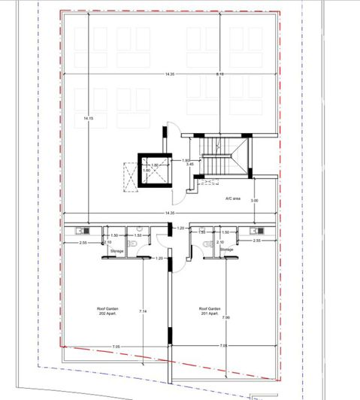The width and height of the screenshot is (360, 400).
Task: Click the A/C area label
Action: coord(232,198)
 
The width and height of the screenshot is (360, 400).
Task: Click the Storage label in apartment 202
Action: coord(117,251)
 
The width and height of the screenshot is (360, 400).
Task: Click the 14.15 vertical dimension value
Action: coord(89,118)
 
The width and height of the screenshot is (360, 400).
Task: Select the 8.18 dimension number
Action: coord(219,74)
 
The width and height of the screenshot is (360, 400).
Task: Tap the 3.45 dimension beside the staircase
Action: coord(191,164)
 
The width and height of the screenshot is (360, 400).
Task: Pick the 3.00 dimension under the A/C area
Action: coord(254,200)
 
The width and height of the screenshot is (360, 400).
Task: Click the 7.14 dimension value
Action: coord(143,311)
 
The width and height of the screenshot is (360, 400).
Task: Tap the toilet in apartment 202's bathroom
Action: coord(132,241)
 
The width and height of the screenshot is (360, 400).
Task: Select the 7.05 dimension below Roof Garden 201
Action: coord(223,345)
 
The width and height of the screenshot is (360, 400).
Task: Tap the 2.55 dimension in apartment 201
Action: coord(256,241)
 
